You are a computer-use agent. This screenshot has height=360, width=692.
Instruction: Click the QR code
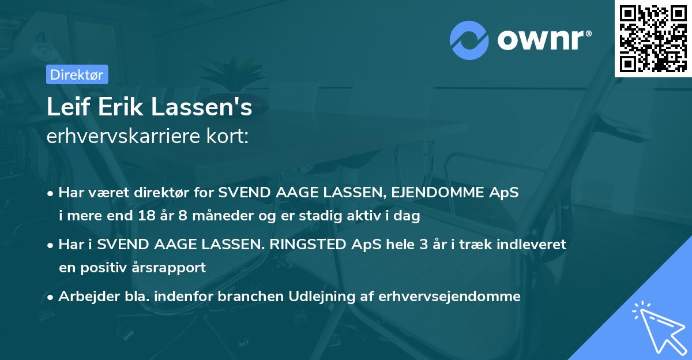[x=653, y=38]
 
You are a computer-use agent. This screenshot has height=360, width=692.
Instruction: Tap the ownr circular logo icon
[x=469, y=40]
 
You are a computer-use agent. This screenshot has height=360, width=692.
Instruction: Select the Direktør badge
[x=77, y=74]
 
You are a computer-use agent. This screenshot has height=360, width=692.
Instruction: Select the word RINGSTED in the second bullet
[x=303, y=245]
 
